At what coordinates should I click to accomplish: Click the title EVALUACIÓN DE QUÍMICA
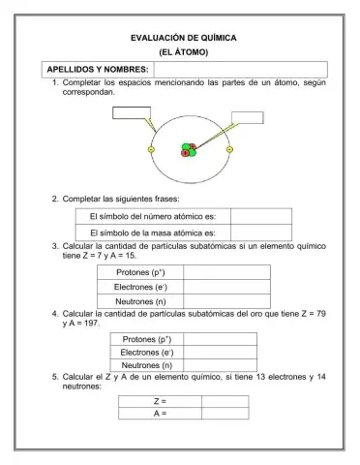pos(184,38)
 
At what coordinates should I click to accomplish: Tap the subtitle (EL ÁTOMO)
pos(184,52)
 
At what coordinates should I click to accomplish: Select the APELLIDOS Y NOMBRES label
pos(98,70)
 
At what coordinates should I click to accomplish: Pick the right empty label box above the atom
pos(247,118)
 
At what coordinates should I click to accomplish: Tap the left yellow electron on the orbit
pos(151,149)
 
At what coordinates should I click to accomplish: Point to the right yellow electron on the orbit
pos(229,149)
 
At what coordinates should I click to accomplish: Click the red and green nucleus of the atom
pos(188,150)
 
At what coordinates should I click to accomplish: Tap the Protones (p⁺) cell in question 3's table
pos(141,272)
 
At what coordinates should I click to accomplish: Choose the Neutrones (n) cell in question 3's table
pos(141,301)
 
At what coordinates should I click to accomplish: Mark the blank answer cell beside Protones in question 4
pos(218,339)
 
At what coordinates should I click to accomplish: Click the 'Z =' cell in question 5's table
pos(160,400)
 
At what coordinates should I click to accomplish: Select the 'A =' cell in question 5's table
pos(160,414)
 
